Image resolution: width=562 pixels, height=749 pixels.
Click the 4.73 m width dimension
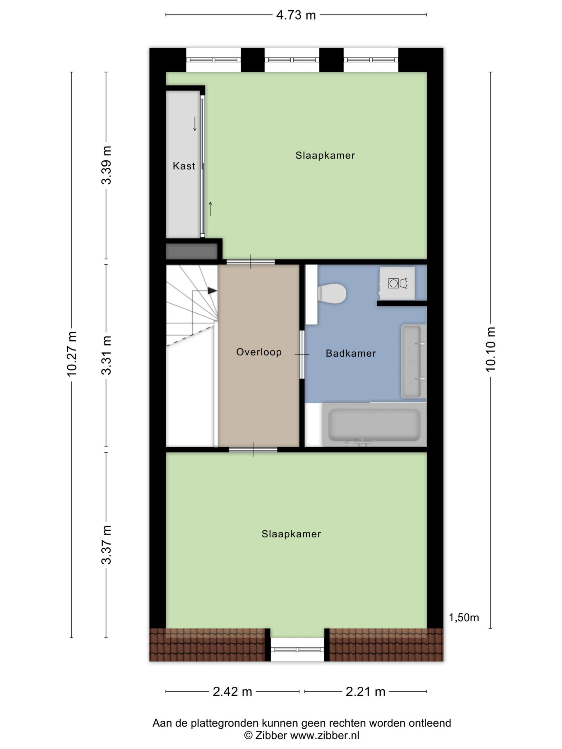click(296, 15)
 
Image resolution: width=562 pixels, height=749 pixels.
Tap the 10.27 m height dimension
click(72, 353)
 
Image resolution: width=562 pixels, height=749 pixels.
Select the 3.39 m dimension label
click(106, 165)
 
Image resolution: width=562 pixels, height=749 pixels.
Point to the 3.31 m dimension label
click(106, 355)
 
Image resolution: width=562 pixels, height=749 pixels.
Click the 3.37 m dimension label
click(106, 544)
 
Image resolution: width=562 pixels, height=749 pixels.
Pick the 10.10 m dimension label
click(490, 349)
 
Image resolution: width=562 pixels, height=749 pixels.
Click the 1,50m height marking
click(464, 618)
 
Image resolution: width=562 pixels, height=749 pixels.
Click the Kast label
click(184, 166)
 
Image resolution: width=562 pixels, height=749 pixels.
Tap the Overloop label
click(259, 352)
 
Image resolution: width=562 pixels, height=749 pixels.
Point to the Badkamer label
click(351, 353)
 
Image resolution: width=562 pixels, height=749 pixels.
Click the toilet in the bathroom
click(331, 293)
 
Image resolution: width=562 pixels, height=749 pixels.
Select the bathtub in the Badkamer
click(374, 425)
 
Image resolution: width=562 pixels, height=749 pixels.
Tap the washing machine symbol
click(397, 283)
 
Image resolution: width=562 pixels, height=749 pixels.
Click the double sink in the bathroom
click(413, 361)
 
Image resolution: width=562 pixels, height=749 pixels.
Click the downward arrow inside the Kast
click(195, 123)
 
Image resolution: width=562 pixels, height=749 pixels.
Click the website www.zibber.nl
click(325, 736)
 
